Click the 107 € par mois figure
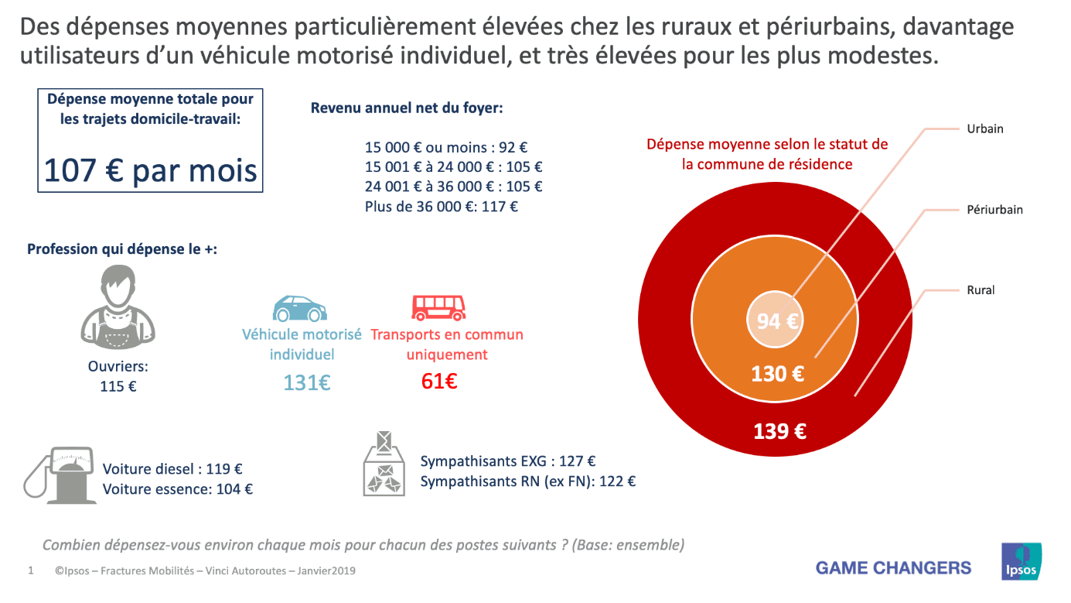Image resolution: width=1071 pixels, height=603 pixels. (x=150, y=170)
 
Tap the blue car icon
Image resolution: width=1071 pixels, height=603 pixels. (x=299, y=308)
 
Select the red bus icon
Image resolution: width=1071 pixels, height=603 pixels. (x=438, y=307)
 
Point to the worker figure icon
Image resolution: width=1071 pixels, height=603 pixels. (x=118, y=307)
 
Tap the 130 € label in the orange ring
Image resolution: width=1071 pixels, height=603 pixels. (x=777, y=374)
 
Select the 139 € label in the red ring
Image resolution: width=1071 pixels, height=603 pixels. (x=779, y=431)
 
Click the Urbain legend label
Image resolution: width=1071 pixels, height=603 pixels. (x=984, y=129)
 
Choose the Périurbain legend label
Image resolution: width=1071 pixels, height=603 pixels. (x=994, y=210)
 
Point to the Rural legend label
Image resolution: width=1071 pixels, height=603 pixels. (x=981, y=290)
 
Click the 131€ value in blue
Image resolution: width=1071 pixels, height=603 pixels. (x=306, y=382)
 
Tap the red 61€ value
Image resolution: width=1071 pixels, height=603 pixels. (x=439, y=382)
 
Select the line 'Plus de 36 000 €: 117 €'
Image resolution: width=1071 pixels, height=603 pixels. (x=441, y=207)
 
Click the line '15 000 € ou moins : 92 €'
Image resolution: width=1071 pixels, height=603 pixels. (x=446, y=147)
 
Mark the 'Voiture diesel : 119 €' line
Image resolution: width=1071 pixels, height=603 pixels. (x=172, y=468)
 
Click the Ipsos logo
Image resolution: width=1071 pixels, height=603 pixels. (x=1022, y=561)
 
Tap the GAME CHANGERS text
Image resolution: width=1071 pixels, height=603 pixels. (x=893, y=568)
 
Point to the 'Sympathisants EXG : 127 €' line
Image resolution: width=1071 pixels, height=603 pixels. (x=507, y=461)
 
